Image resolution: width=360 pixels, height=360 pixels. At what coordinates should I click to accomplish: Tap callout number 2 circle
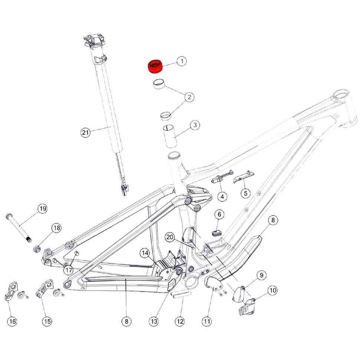[x=189, y=97]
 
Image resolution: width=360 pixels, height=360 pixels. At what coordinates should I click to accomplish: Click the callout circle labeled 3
[x=194, y=125]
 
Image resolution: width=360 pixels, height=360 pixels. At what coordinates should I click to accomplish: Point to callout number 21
[x=86, y=132]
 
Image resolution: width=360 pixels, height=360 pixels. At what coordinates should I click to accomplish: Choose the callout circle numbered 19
[x=43, y=209]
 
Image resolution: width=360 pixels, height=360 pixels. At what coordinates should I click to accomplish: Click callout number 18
[x=56, y=228]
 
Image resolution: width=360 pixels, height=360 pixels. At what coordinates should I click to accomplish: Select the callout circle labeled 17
[x=68, y=270]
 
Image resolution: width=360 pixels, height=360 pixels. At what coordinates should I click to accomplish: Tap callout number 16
[x=12, y=322]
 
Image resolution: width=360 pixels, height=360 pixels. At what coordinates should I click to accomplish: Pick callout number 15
[x=47, y=321]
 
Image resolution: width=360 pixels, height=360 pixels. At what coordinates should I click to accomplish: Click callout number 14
[x=145, y=253]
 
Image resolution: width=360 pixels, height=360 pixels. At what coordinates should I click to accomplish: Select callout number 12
[x=180, y=321]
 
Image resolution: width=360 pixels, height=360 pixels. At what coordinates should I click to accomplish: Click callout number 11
[x=207, y=321]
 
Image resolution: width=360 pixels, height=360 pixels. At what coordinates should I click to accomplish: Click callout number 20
[x=170, y=237]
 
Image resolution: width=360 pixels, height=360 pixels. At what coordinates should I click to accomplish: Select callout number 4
[x=222, y=196]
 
